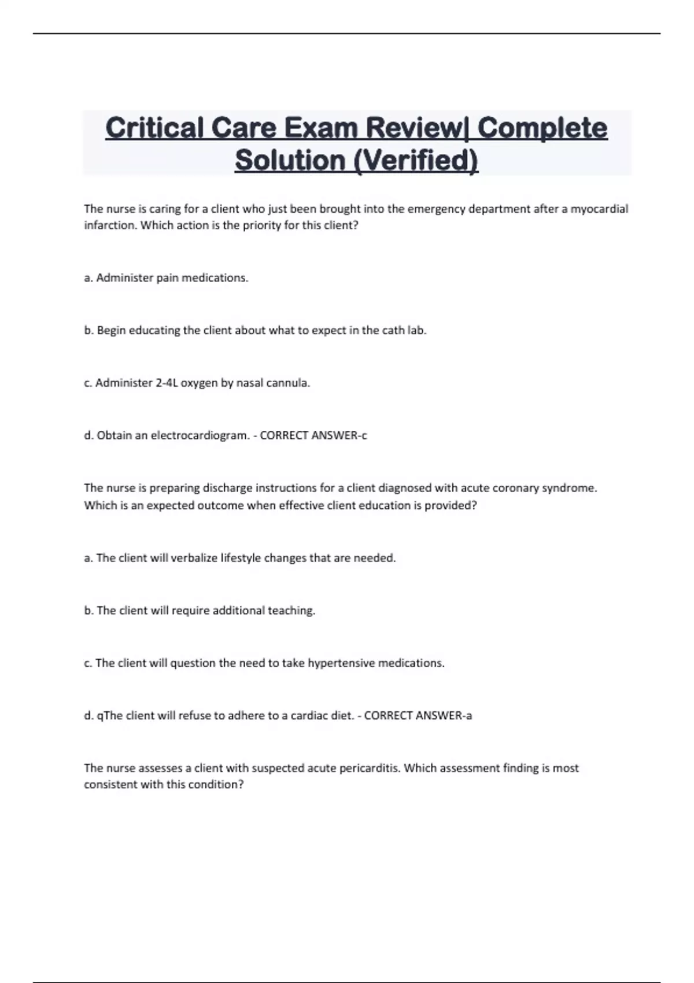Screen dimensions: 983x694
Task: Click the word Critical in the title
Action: tap(154, 128)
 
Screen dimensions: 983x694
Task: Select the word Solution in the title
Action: tap(289, 160)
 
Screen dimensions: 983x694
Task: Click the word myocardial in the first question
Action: tap(599, 209)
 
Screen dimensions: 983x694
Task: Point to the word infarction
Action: tap(110, 226)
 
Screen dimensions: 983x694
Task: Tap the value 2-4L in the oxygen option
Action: tap(167, 383)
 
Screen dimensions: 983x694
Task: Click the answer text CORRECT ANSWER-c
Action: tap(313, 435)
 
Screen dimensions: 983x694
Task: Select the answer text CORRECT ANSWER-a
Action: tap(418, 716)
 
